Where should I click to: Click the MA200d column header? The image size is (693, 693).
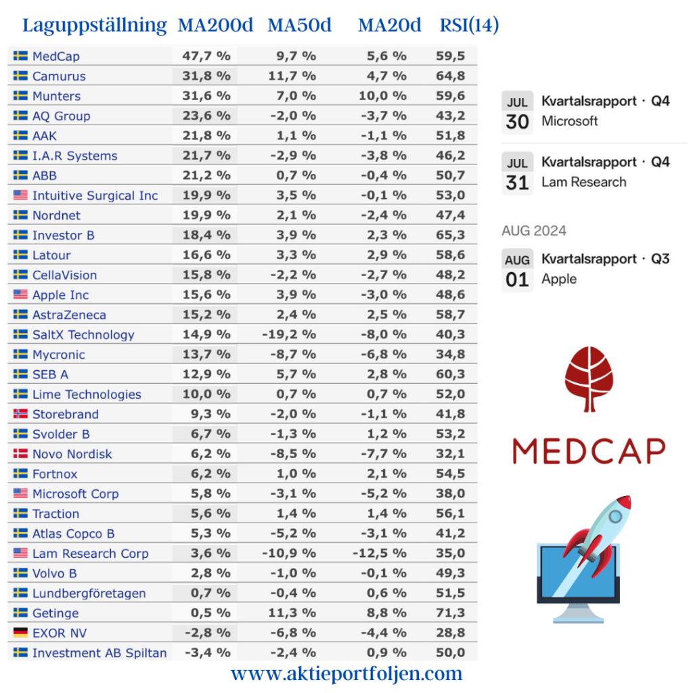coord(215,26)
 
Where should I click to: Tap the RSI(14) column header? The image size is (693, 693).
coord(469,26)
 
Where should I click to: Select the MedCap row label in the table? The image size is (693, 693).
coord(55,56)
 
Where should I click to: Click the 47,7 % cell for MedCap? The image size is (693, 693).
coord(206,56)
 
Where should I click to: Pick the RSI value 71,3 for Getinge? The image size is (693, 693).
coord(451,613)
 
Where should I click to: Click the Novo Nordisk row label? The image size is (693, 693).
coord(72,454)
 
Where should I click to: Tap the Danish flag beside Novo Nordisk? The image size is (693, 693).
coord(20,454)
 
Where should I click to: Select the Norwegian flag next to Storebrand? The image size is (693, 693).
coord(20,414)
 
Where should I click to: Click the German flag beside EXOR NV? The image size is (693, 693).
coord(20,633)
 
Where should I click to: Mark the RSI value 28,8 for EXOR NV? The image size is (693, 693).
coord(451,633)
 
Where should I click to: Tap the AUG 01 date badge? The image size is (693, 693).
coord(517,271)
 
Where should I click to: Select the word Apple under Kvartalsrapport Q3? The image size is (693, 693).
coord(559,279)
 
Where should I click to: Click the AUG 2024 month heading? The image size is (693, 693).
coord(534,231)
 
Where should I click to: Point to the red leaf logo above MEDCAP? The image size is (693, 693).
coord(589,379)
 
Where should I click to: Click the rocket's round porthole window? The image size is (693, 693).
coord(614,516)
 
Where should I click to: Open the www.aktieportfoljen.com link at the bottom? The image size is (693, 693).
coord(346,674)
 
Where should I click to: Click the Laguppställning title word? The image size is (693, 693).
coord(95,26)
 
